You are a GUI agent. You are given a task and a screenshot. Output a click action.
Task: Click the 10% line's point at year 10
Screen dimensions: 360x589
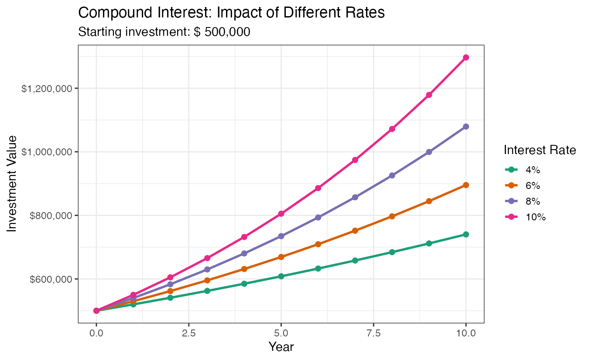point(466,58)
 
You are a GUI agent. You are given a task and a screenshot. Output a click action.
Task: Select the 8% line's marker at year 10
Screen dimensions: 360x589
point(466,127)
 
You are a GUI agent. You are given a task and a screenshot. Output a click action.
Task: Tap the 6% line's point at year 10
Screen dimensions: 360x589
point(466,185)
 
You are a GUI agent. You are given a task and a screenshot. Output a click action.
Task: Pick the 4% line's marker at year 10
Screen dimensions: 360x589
point(466,234)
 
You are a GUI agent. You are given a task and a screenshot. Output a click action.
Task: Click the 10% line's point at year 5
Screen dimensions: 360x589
point(281,214)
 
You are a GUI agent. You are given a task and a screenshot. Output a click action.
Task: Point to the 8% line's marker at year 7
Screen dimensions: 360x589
point(355,197)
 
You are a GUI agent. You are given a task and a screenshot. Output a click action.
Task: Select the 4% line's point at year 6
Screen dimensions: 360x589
point(318,268)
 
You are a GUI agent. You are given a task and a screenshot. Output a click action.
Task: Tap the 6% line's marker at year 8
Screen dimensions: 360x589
point(392,216)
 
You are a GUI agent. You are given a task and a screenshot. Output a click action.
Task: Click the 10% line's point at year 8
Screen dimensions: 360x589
point(392,129)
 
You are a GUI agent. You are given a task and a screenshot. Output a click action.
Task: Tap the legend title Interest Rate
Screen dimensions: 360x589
point(540,151)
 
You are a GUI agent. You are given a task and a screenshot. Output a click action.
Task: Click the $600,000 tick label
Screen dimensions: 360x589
point(51,279)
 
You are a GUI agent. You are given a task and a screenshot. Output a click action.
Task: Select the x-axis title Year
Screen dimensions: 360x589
point(281,347)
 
